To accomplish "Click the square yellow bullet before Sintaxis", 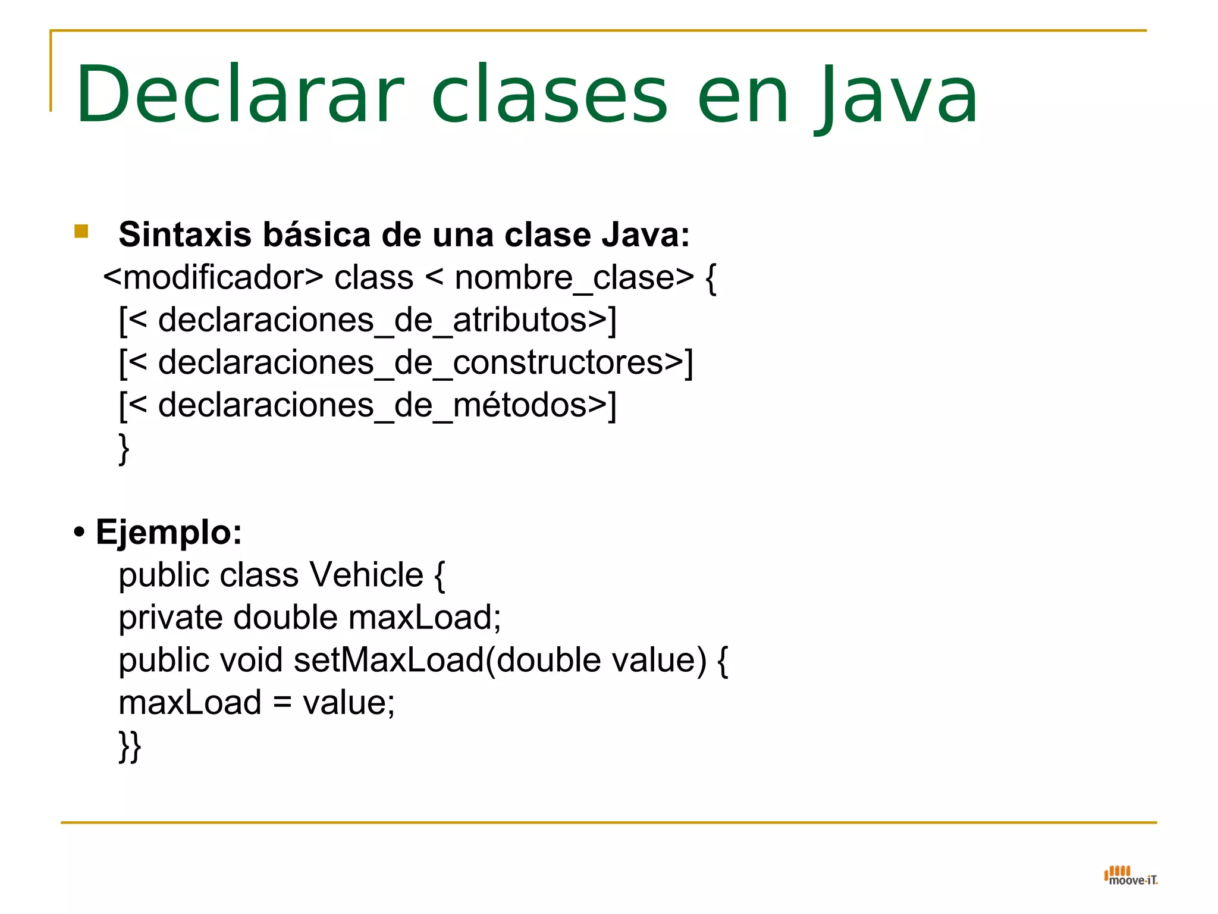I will [81, 231].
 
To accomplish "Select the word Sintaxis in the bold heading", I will [185, 234].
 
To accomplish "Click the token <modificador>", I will [213, 278].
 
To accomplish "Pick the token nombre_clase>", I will [574, 278].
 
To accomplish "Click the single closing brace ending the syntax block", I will [124, 449].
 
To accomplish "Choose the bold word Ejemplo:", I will [169, 532].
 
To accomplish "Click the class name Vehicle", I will [366, 575].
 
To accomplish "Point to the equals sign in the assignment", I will [282, 703].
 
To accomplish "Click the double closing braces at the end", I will [130, 746].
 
